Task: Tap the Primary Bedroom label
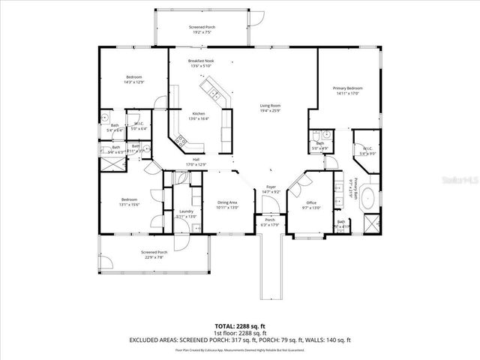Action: [348, 88]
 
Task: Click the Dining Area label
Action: [227, 202]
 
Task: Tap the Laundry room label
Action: [187, 211]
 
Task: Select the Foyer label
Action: [271, 187]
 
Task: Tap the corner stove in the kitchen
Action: [179, 139]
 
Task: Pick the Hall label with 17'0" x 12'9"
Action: [195, 159]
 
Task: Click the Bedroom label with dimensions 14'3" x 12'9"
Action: [134, 77]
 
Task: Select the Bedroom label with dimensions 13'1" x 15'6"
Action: [129, 199]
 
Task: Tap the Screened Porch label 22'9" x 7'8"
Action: [154, 252]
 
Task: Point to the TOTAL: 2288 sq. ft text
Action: [240, 327]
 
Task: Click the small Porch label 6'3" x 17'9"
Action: [269, 220]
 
